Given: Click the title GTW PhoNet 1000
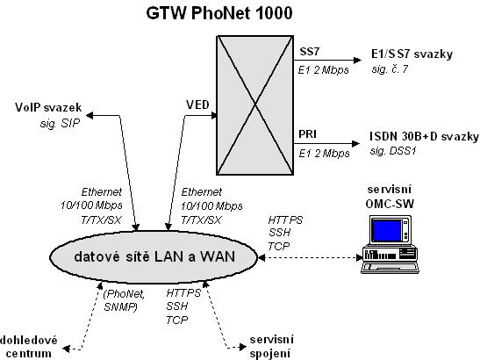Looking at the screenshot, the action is [x=219, y=13].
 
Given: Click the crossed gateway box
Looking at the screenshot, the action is [x=255, y=105].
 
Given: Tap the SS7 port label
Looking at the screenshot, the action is [x=309, y=52].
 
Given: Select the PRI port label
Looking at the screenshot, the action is [x=307, y=134].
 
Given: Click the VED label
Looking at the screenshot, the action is [x=197, y=104].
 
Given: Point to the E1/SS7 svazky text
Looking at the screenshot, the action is [x=412, y=54].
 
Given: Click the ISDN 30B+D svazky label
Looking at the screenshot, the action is [x=424, y=136].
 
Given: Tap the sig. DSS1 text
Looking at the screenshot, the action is [x=393, y=151].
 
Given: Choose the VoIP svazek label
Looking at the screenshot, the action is [x=48, y=107].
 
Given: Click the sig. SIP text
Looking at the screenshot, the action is [x=60, y=123].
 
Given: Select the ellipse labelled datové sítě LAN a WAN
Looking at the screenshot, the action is [x=154, y=256].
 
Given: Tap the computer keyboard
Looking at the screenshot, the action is [x=390, y=267].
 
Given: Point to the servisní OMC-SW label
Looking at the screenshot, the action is [x=390, y=197].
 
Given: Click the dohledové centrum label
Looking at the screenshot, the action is [x=28, y=347].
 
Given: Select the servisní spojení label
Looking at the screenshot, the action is [x=272, y=347].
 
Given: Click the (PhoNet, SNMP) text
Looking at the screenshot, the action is [x=124, y=300].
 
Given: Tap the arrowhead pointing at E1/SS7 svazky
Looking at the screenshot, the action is [x=357, y=60].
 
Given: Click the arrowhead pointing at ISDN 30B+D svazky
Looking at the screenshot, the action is [x=356, y=143].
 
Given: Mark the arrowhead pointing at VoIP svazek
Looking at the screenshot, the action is [x=90, y=116].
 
